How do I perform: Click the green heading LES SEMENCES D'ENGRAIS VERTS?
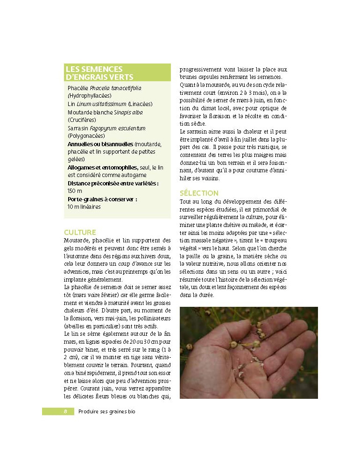100,73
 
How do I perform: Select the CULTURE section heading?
80,232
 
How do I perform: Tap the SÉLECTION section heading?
198,193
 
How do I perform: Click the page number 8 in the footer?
66,411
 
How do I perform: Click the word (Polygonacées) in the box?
87,136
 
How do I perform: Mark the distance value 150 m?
75,191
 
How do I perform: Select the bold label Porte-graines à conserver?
102,199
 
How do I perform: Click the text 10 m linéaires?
84,207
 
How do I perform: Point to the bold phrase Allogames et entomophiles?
102,167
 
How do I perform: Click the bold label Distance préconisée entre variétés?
113,183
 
